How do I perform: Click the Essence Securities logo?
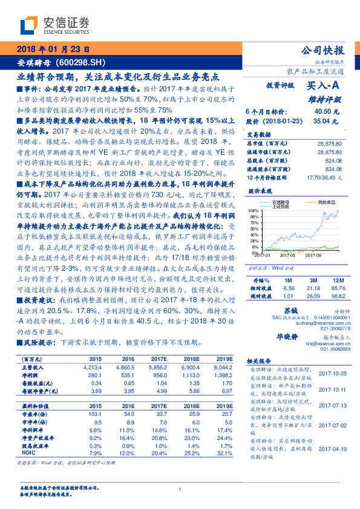[x=54, y=25]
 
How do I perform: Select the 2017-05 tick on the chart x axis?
[x=289, y=255]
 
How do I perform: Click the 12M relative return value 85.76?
[x=338, y=288]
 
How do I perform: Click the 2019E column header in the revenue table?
[x=223, y=358]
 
